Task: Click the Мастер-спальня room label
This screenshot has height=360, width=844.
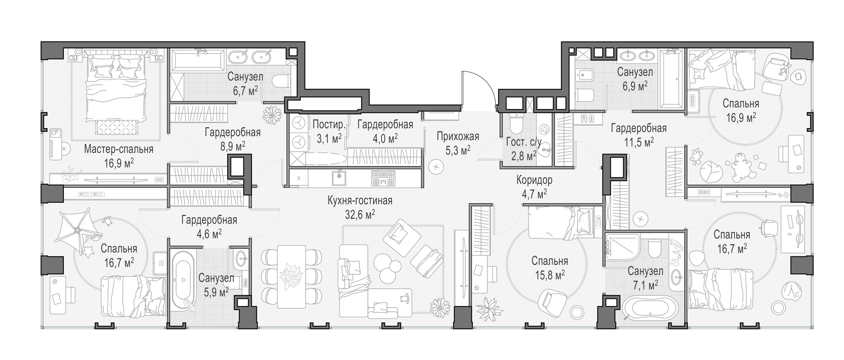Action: click(118, 149)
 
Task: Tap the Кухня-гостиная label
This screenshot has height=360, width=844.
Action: click(360, 201)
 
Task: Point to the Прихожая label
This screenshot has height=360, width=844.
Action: click(458, 136)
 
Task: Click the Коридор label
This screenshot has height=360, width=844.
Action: click(534, 180)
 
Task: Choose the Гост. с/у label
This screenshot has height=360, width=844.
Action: click(524, 142)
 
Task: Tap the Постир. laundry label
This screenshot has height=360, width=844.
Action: click(329, 125)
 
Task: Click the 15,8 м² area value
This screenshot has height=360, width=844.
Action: click(550, 275)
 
